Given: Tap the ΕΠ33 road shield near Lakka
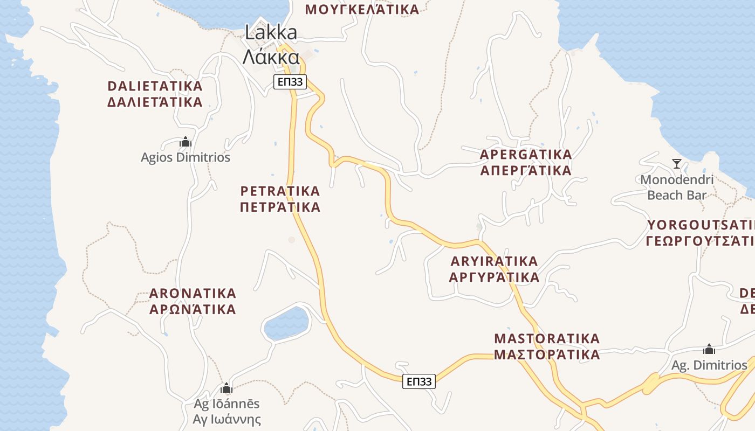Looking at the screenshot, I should [290, 82].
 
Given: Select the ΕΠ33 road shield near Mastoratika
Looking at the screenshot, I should [418, 381].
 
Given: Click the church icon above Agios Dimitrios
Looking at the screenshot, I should [186, 142].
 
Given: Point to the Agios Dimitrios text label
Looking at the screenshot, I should [186, 157].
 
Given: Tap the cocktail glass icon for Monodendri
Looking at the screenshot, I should [676, 163].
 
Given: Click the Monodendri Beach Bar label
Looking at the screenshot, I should [677, 187].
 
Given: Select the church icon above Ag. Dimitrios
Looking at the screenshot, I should [709, 350].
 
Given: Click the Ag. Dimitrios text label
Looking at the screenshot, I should [709, 365].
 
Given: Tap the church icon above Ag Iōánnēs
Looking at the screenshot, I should [226, 388].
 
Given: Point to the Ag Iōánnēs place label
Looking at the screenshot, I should [227, 412].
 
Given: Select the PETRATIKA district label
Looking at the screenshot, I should [280, 199].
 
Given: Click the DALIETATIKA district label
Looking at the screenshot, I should [155, 94].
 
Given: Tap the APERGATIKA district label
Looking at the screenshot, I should [526, 162].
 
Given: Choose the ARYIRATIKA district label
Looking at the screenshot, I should [495, 269].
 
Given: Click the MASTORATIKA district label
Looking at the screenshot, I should [547, 346].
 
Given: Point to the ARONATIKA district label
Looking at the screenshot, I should [193, 301].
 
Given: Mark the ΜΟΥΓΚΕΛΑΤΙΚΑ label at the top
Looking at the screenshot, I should [362, 9].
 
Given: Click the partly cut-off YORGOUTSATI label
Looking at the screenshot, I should [700, 232].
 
